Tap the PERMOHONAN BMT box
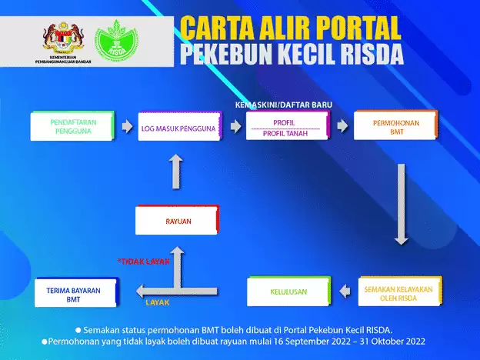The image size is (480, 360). point(395,126)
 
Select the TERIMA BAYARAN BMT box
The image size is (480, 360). point(75,294)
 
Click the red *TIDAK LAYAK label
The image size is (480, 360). point(142,262)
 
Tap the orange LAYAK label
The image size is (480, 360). point(157,302)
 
